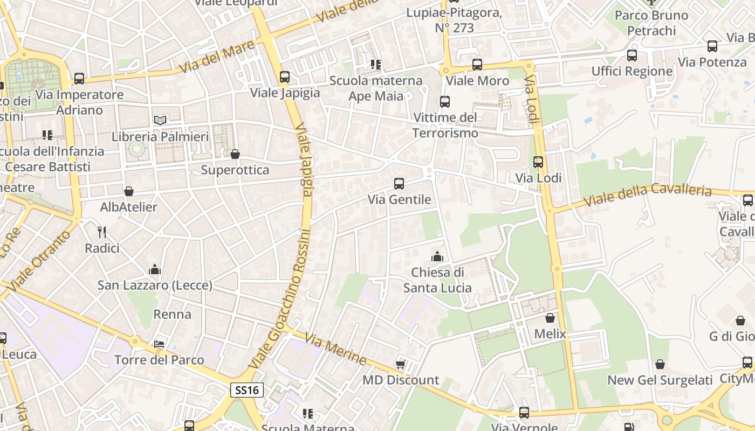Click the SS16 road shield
[x=247, y=390]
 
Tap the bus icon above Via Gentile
[x=399, y=184]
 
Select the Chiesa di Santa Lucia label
[x=437, y=280]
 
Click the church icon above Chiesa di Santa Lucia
[x=437, y=256]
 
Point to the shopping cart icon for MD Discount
[x=400, y=364]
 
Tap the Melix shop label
[x=550, y=334]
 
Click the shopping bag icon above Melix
[x=550, y=318]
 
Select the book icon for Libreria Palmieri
[x=160, y=120]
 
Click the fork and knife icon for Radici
[x=102, y=232]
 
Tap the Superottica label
[x=235, y=170]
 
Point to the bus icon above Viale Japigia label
[x=285, y=77]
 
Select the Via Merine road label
[x=335, y=349]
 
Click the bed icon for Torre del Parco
[x=159, y=344]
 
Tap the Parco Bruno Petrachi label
[x=651, y=23]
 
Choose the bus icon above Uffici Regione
[x=632, y=55]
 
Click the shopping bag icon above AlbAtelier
[x=129, y=191]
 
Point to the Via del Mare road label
[x=216, y=57]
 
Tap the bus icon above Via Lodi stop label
[x=538, y=162]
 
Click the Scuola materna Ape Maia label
[x=376, y=88]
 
